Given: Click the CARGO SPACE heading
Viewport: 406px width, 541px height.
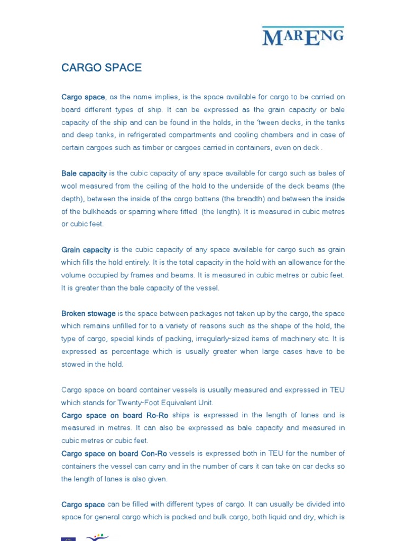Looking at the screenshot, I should click(x=101, y=68).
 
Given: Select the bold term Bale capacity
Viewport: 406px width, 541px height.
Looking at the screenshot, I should click(x=84, y=173).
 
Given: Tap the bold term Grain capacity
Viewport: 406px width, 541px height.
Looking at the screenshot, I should click(x=86, y=249).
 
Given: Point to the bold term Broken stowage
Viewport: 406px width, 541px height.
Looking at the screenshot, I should click(x=88, y=313).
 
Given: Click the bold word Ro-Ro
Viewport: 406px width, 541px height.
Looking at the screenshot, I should click(x=159, y=415).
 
